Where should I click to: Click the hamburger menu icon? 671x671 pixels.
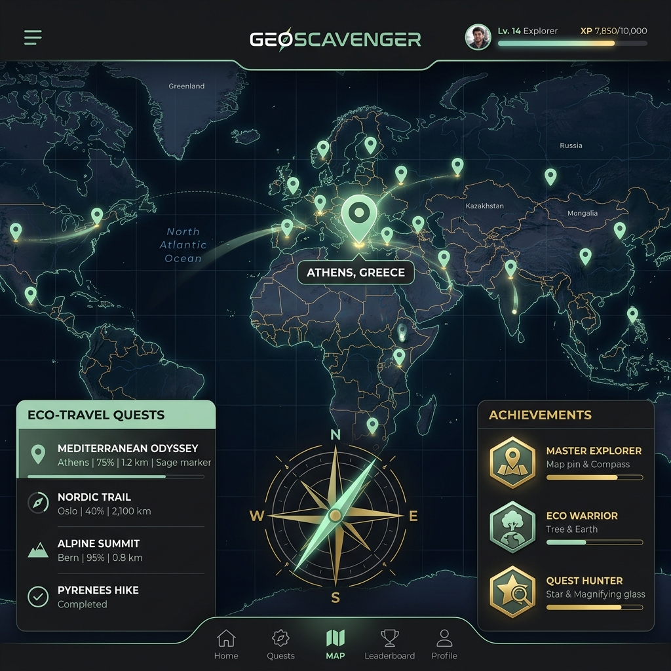[x=33, y=37]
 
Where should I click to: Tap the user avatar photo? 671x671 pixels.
[x=478, y=37]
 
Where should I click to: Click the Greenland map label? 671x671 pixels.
[x=187, y=86]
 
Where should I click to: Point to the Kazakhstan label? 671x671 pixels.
[x=485, y=206]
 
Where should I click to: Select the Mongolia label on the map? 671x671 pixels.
[x=583, y=213]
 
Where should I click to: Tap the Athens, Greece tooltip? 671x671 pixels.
[x=356, y=273]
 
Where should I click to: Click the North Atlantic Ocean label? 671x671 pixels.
[x=183, y=245]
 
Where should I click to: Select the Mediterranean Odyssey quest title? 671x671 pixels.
[x=128, y=449]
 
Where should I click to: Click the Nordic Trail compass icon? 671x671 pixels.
[x=38, y=503]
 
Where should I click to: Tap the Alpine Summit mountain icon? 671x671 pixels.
[x=38, y=550]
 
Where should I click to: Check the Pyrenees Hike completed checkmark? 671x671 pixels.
[x=38, y=596]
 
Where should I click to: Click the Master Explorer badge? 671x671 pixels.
[x=512, y=463]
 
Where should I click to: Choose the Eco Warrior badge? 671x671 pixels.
[x=512, y=527]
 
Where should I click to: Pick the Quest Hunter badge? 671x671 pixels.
[x=512, y=592]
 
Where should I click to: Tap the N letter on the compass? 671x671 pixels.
[x=335, y=434]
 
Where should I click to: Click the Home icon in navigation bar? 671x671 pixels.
[x=226, y=638]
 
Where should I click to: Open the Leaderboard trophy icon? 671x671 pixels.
[x=390, y=638]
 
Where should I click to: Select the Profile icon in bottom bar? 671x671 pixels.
[x=444, y=638]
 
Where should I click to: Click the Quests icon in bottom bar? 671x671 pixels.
[x=280, y=638]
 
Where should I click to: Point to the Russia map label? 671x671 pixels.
[x=571, y=145]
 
